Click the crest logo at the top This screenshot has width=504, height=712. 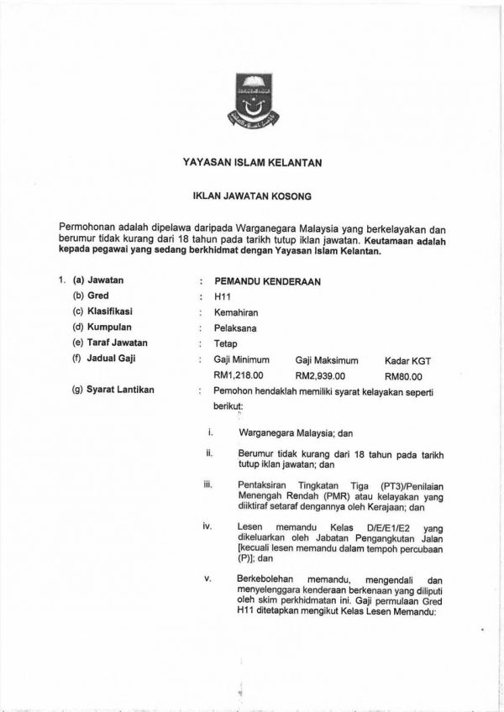[253, 103]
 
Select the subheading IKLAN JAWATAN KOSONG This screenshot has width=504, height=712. [253, 199]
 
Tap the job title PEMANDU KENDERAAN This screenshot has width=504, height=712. [268, 281]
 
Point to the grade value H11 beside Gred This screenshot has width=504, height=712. [223, 297]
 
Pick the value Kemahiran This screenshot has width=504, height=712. [238, 312]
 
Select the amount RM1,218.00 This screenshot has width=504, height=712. [239, 375]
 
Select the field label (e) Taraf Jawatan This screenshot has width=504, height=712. [112, 343]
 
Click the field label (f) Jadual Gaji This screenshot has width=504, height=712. [105, 359]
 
